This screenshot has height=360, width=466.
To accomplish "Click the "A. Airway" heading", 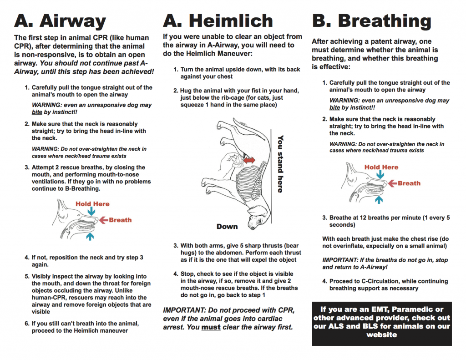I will [60, 21].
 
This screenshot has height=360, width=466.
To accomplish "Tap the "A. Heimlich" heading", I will [218, 21].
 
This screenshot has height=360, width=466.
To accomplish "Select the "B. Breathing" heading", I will [371, 21].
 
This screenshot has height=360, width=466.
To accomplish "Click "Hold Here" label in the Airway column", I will [92, 204].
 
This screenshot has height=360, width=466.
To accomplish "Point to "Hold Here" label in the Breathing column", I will [381, 167].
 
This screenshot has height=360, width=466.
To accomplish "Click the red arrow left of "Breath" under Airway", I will [103, 220].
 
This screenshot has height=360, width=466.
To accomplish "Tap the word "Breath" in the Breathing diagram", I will [409, 183].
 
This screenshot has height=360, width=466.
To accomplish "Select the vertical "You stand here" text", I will [281, 164].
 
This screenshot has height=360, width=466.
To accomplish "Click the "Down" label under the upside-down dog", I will [227, 226].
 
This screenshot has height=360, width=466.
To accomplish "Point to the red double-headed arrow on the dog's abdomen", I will [248, 160].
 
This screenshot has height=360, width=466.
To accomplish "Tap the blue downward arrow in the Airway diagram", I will [92, 211].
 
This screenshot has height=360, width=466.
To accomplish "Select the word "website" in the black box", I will [381, 335].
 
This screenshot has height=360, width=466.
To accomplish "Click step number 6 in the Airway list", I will [27, 324].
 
